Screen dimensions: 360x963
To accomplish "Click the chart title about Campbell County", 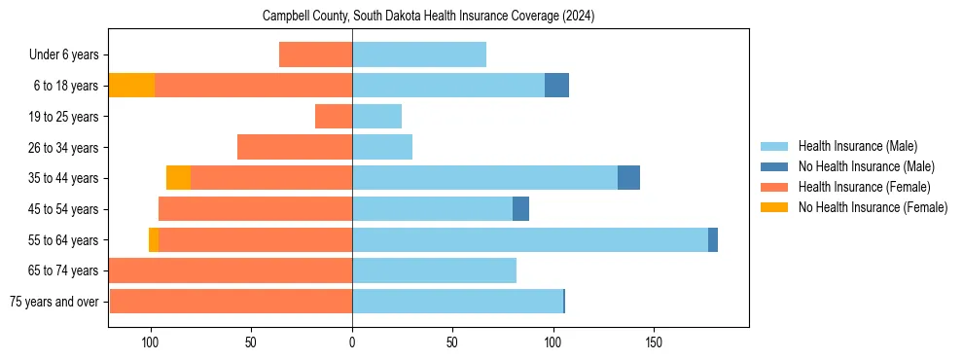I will tap(428, 17).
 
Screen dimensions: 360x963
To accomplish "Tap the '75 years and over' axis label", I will tap(54, 302).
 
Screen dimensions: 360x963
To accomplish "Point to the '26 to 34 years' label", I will tap(63, 148).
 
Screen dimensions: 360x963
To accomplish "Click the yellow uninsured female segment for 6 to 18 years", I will tap(131, 86).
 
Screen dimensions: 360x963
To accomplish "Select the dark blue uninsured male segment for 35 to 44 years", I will tap(628, 178).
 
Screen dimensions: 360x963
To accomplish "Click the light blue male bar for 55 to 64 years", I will tap(529, 239).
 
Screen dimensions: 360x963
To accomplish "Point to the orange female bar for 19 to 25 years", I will tap(334, 117).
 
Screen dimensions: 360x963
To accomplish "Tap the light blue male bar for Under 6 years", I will tap(418, 55).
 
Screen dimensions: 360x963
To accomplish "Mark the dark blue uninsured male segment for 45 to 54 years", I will tap(520, 209).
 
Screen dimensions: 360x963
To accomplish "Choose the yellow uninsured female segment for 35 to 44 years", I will tap(178, 178).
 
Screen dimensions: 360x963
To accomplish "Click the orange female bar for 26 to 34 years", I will tap(295, 147).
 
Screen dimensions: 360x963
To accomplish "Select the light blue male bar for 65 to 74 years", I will tap(434, 270).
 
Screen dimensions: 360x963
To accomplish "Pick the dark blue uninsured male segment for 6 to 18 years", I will tap(556, 86).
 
